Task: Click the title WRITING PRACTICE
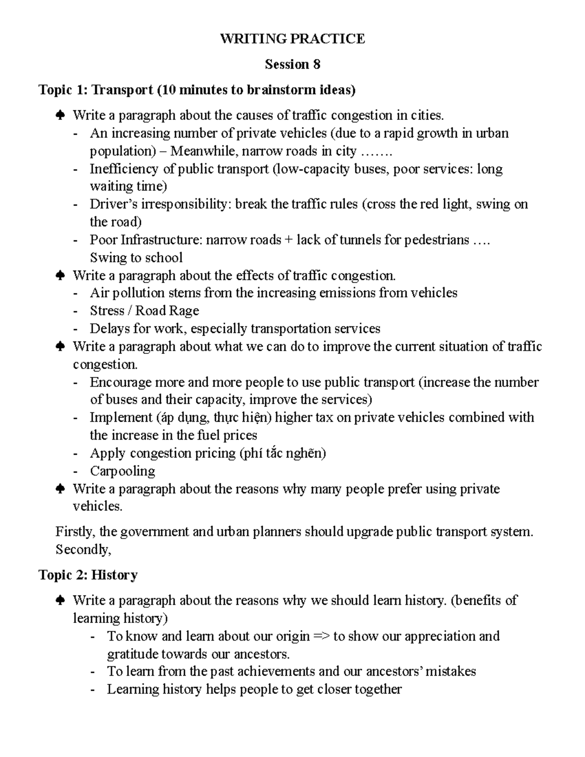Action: (292, 39)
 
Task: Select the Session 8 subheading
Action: (292, 64)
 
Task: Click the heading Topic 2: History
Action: (88, 575)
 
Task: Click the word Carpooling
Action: (122, 471)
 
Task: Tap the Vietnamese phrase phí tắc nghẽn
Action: (282, 453)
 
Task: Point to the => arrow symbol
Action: (321, 637)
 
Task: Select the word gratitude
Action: (133, 654)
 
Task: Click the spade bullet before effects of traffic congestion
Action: (60, 276)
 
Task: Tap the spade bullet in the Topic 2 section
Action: (60, 601)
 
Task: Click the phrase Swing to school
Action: (136, 258)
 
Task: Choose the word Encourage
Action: (120, 382)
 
